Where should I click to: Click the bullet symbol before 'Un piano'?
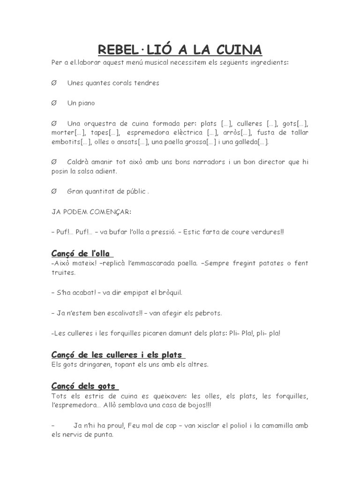click(x=54, y=103)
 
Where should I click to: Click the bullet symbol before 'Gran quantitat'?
click(x=54, y=191)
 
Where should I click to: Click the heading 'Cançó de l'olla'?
click(x=82, y=254)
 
